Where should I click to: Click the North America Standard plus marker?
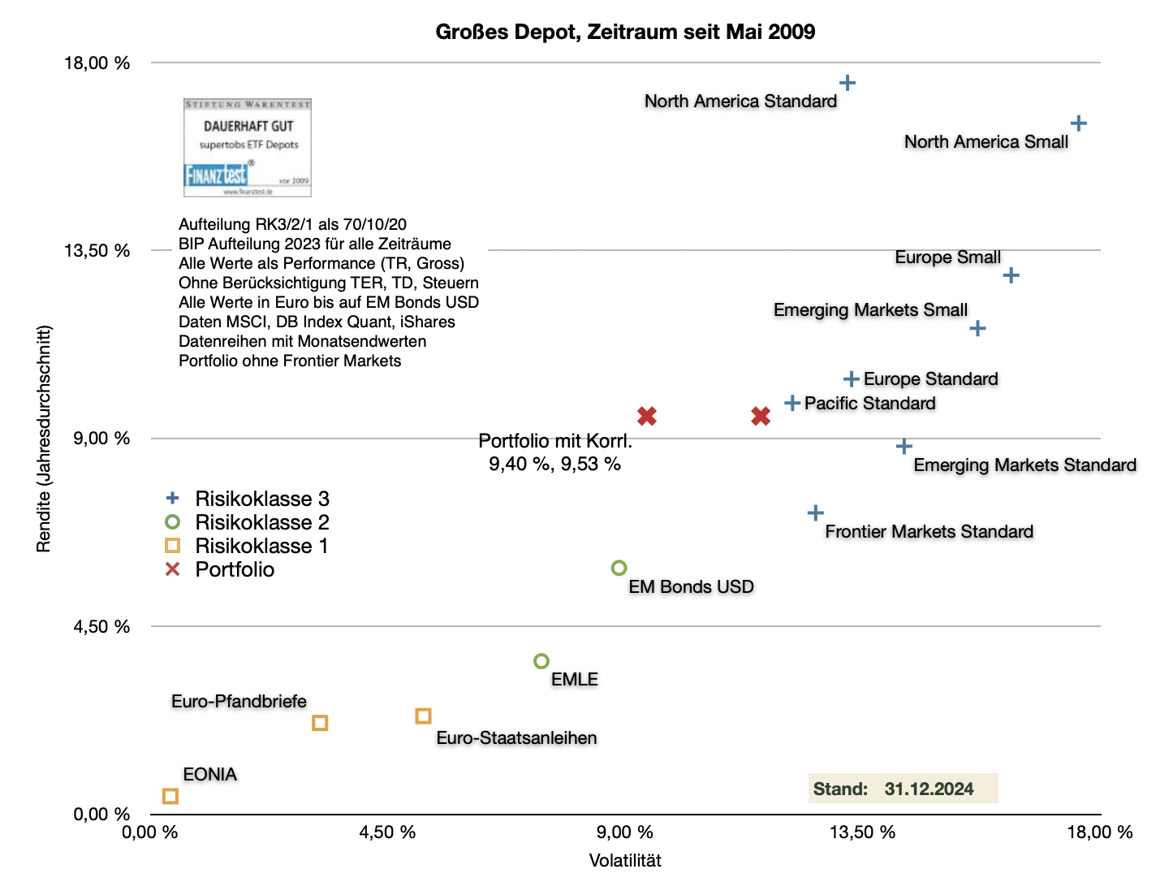pyautogui.click(x=848, y=83)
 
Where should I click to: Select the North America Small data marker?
pyautogui.click(x=1078, y=123)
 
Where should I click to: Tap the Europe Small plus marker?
pyautogui.click(x=1011, y=275)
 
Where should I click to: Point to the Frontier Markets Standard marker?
pyautogui.click(x=816, y=512)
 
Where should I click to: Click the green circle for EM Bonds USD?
pyautogui.click(x=619, y=568)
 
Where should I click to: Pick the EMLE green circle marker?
pyautogui.click(x=541, y=661)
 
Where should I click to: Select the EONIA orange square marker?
pyautogui.click(x=170, y=796)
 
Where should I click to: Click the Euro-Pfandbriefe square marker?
pyautogui.click(x=320, y=723)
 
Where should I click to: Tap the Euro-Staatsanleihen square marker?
pyautogui.click(x=423, y=716)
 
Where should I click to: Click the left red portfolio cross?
pyautogui.click(x=647, y=416)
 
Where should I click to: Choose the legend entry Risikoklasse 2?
pyautogui.click(x=261, y=522)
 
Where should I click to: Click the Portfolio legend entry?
pyautogui.click(x=234, y=569)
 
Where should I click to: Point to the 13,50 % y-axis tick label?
pyautogui.click(x=97, y=250)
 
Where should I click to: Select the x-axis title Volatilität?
pyautogui.click(x=625, y=861)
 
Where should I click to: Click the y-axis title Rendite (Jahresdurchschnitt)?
pyautogui.click(x=44, y=439)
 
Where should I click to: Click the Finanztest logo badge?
pyautogui.click(x=248, y=148)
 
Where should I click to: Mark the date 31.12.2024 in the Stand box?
pyautogui.click(x=929, y=789)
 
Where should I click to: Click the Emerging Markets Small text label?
pyautogui.click(x=870, y=310)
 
